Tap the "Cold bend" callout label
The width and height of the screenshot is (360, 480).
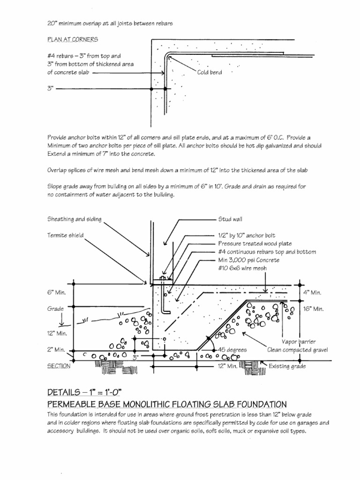[210, 73]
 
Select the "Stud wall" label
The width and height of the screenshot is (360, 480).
[230, 219]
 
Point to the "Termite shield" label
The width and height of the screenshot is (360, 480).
[65, 235]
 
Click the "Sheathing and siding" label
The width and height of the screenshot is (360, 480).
[74, 219]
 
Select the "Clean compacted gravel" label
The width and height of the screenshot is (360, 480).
[298, 350]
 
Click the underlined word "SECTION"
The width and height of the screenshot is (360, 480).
[59, 367]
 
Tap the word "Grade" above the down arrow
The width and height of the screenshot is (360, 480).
[55, 309]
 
